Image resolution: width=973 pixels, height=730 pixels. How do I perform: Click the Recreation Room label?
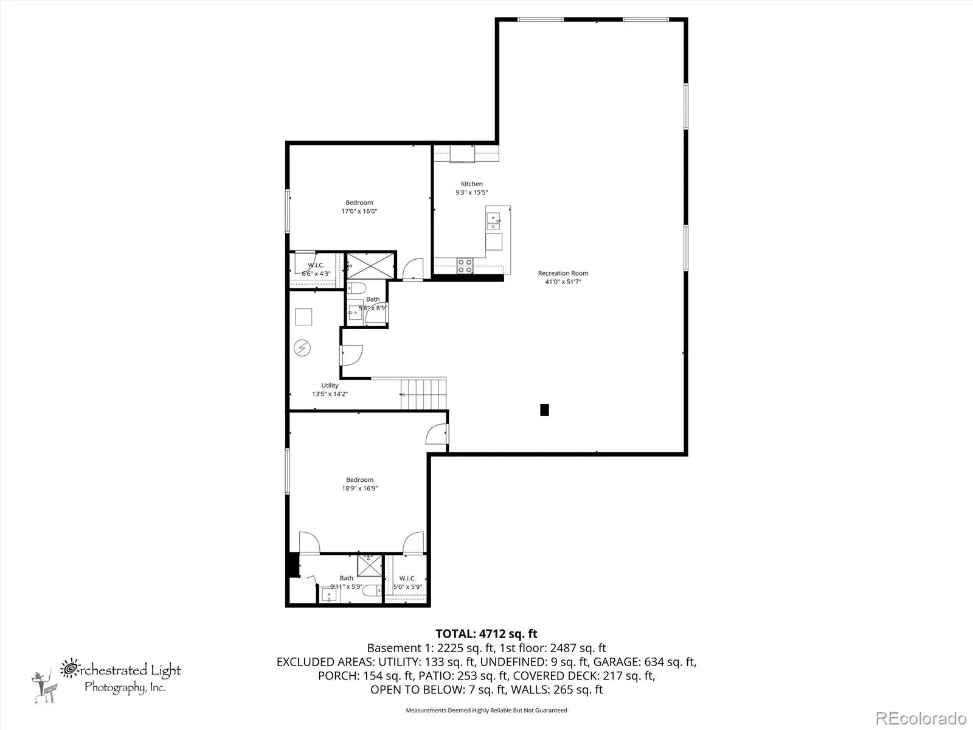[563, 273]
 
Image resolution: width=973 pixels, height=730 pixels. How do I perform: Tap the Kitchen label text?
[472, 184]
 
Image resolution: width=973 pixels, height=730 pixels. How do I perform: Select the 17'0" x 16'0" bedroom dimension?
[359, 211]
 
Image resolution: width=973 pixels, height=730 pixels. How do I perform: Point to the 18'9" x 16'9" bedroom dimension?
[359, 488]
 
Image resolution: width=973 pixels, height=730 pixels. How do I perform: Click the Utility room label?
[330, 385]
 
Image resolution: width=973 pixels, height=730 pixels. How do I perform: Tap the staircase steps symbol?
[423, 394]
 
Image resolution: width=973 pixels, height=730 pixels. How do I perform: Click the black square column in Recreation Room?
[544, 410]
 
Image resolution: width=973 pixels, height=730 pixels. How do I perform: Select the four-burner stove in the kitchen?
[465, 266]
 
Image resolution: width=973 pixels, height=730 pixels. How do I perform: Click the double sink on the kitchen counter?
[493, 221]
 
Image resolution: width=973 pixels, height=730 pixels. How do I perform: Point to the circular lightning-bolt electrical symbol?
[302, 348]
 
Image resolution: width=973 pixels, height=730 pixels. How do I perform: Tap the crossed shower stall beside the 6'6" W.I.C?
[370, 265]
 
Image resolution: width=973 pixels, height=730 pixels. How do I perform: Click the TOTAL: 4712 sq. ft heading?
[486, 634]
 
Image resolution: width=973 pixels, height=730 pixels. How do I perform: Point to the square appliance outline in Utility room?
[303, 317]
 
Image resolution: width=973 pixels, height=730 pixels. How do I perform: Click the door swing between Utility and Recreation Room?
[351, 355]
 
